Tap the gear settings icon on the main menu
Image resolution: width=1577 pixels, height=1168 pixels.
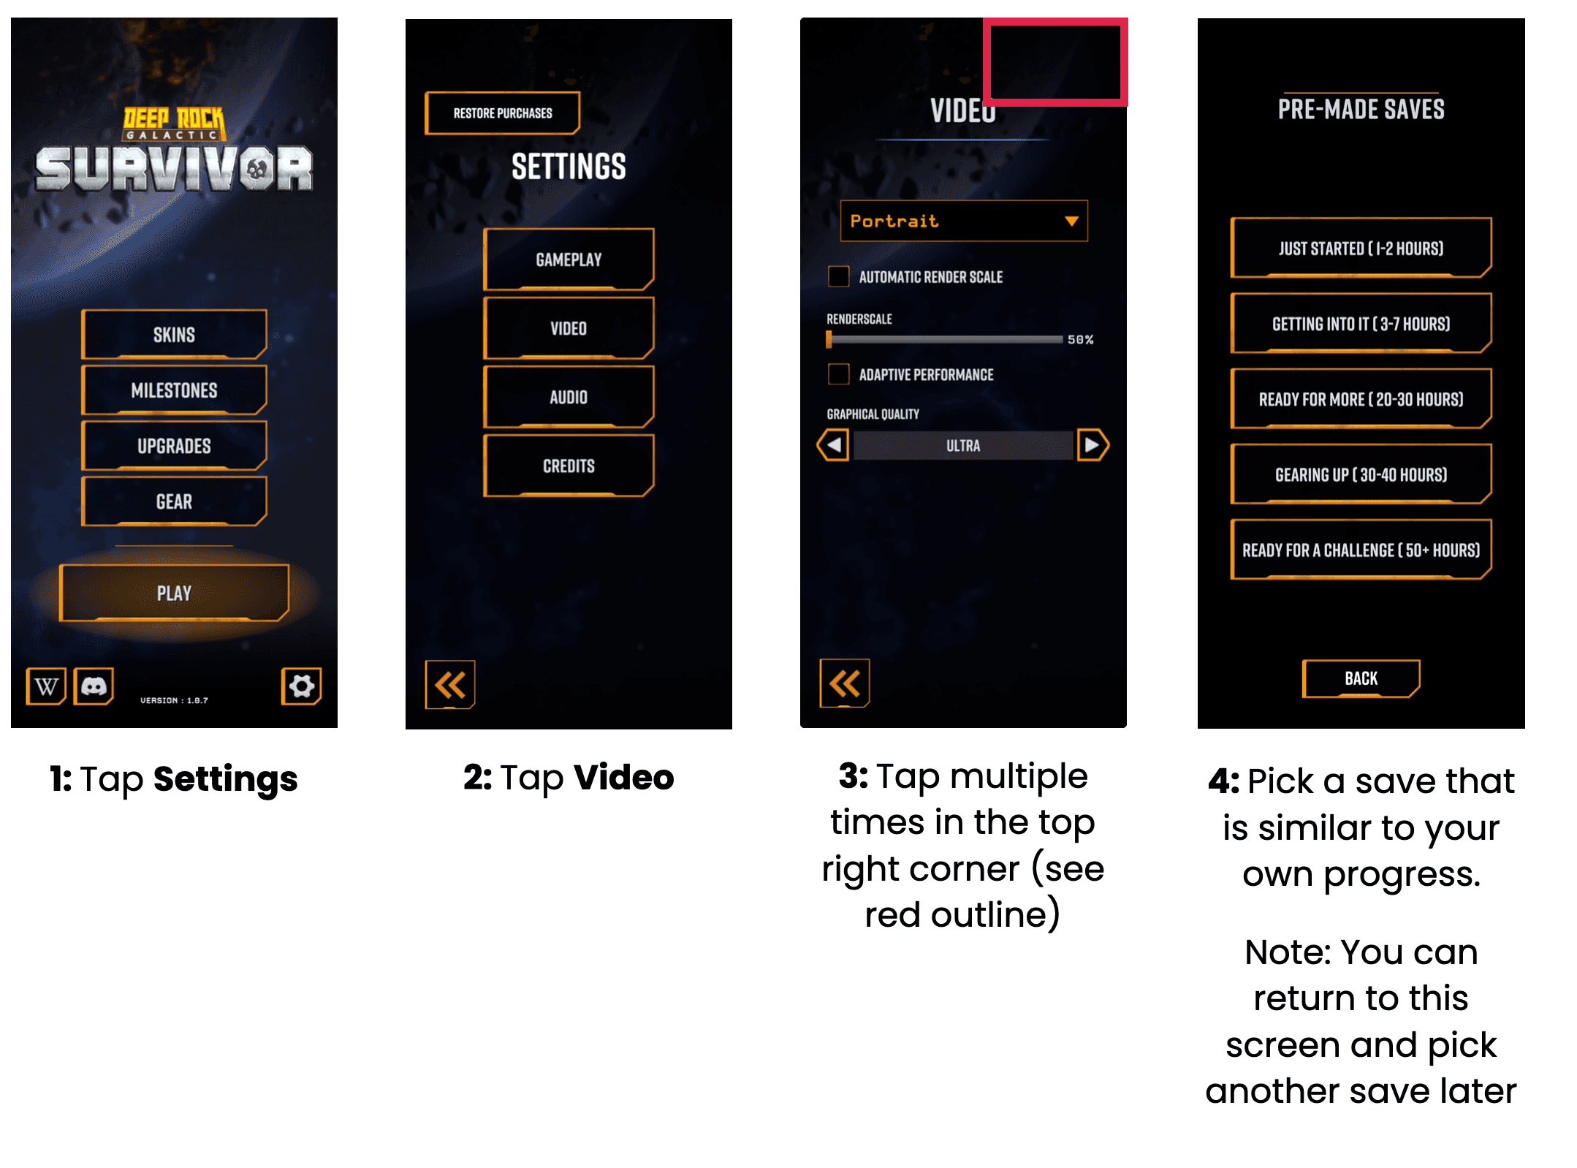[x=301, y=686]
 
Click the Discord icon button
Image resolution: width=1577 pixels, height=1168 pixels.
[x=94, y=686]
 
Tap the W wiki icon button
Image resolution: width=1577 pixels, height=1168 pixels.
[x=46, y=686]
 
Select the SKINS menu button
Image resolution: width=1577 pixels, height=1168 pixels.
[x=174, y=335]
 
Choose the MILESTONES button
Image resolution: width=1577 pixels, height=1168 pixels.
[x=174, y=390]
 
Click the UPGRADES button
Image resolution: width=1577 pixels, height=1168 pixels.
[x=174, y=446]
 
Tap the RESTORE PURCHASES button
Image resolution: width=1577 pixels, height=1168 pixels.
[x=503, y=113]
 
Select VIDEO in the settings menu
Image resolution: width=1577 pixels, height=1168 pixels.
[x=569, y=328]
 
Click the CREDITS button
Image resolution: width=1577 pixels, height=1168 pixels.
[x=569, y=466]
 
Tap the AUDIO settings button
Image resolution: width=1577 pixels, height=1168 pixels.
[x=569, y=397]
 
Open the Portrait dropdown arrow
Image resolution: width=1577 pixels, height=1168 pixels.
[x=1071, y=221]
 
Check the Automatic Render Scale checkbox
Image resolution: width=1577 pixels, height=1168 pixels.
[x=838, y=276]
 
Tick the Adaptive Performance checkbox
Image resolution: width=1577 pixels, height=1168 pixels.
[x=838, y=374]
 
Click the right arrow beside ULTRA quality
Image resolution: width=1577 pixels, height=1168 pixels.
[x=1092, y=445]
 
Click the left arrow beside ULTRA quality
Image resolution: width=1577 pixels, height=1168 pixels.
[x=833, y=445]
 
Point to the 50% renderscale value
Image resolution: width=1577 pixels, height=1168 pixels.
[x=1080, y=340]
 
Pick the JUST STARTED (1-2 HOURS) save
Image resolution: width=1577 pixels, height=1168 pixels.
[x=1361, y=249]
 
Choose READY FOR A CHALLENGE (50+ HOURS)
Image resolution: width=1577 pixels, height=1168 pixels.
[x=1361, y=550]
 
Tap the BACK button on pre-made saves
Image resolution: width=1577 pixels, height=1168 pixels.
[x=1361, y=679]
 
